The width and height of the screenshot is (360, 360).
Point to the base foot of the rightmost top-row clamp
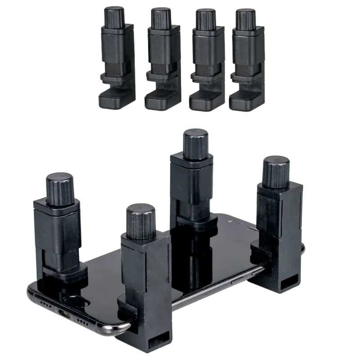(x=245, y=100)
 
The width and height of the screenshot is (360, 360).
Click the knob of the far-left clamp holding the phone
(x=59, y=188)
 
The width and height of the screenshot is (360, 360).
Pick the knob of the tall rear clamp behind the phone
(x=196, y=144)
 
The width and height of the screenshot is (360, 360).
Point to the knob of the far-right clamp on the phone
(x=276, y=171)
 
